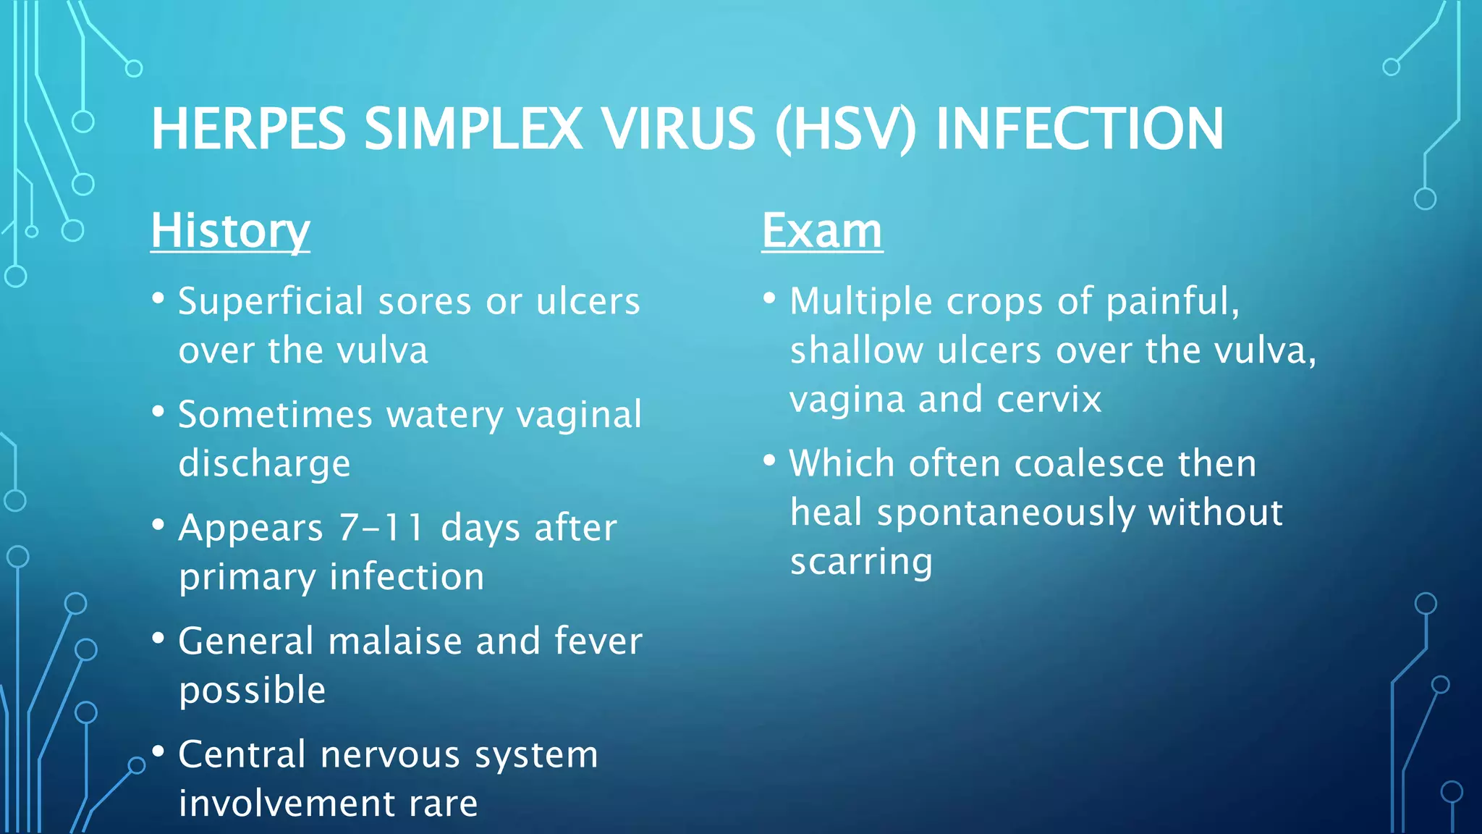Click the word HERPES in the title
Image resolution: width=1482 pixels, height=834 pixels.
point(248,129)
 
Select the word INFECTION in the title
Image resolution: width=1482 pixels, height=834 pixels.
point(1079,129)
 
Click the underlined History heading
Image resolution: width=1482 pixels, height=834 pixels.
point(230,232)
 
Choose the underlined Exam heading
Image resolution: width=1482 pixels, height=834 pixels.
point(822,232)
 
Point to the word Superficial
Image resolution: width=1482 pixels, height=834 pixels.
point(271,301)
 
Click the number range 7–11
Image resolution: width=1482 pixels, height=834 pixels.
point(381,528)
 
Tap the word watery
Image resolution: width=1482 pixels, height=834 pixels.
point(445,415)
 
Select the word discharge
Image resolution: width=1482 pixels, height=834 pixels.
point(264,464)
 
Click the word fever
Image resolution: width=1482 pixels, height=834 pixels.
point(598,641)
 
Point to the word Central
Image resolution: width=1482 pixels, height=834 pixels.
point(242,754)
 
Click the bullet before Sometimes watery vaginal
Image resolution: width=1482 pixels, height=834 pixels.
point(158,411)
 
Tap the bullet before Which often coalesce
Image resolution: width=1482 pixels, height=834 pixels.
point(769,460)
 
